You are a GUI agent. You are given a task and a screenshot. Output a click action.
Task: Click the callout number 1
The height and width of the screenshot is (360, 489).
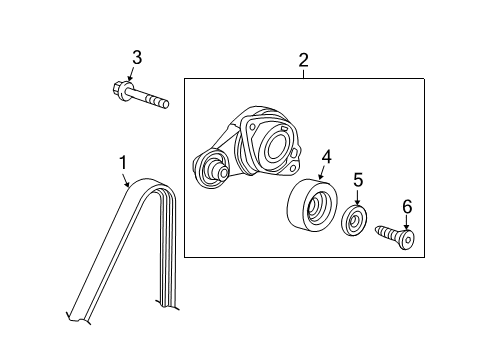pyautogui.click(x=123, y=162)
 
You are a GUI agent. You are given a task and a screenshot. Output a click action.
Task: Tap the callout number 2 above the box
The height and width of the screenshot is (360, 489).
pyautogui.click(x=303, y=60)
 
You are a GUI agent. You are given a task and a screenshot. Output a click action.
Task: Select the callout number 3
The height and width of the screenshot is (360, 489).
pyautogui.click(x=137, y=57)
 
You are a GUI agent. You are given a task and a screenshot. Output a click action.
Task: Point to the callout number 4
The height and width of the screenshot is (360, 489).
pyautogui.click(x=327, y=157)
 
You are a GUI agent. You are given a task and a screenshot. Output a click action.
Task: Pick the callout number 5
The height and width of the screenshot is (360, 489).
pyautogui.click(x=358, y=180)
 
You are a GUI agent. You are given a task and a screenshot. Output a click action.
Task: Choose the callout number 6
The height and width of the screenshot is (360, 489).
pyautogui.click(x=407, y=206)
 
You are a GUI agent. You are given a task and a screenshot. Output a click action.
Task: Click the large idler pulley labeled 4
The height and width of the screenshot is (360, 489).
pyautogui.click(x=312, y=204)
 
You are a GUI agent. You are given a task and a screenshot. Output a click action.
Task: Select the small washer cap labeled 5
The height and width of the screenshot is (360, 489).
pyautogui.click(x=354, y=220)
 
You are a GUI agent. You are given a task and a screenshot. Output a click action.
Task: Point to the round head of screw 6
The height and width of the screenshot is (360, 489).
pyautogui.click(x=408, y=239)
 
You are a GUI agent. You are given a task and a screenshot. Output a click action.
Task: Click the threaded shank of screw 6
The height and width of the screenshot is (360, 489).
pyautogui.click(x=388, y=233)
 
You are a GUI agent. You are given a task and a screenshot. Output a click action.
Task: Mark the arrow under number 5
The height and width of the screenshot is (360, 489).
pyautogui.click(x=358, y=198)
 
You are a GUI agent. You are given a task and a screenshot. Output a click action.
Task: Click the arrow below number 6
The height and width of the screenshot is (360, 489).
pyautogui.click(x=406, y=223)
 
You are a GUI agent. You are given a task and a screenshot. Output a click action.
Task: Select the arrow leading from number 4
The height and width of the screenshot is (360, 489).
pyautogui.click(x=321, y=173)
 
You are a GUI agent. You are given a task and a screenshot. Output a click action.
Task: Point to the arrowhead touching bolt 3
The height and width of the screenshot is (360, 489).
pyautogui.click(x=130, y=79)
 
